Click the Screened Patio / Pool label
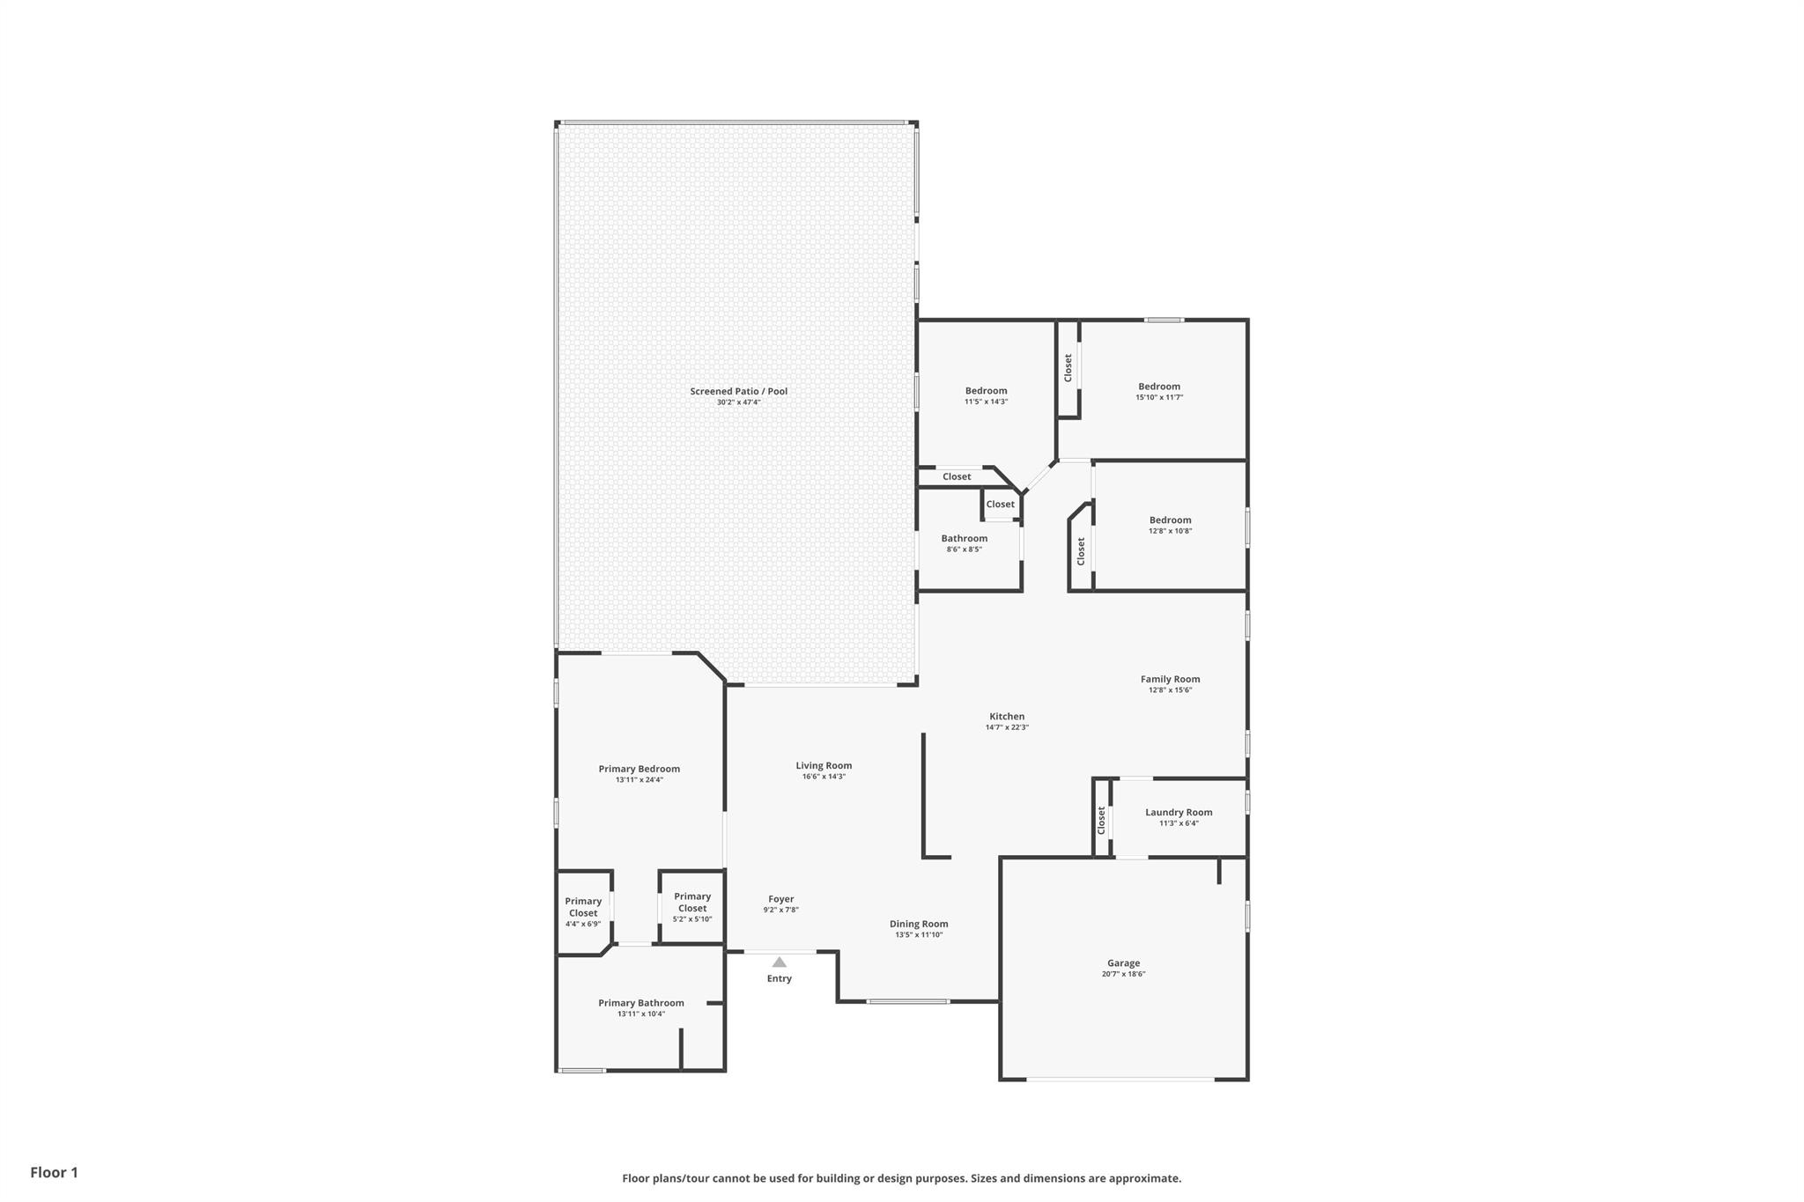click(738, 391)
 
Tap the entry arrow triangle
click(779, 962)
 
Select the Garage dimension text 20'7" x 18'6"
click(1123, 974)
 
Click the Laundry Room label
click(1179, 812)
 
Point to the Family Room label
click(1170, 679)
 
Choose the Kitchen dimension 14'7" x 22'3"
click(1007, 727)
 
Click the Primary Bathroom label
click(640, 1003)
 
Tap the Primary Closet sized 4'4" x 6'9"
click(583, 907)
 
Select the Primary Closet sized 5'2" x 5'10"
click(692, 903)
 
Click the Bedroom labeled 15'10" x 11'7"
click(1158, 387)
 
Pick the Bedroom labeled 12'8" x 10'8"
click(1170, 520)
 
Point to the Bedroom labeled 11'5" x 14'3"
click(986, 391)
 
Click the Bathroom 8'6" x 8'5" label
click(964, 538)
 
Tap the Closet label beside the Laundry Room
click(1101, 820)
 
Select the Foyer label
click(780, 899)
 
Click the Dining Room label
click(919, 924)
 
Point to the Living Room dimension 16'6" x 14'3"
click(824, 777)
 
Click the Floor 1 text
click(54, 1172)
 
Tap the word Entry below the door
click(779, 978)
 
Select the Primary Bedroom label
click(639, 769)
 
